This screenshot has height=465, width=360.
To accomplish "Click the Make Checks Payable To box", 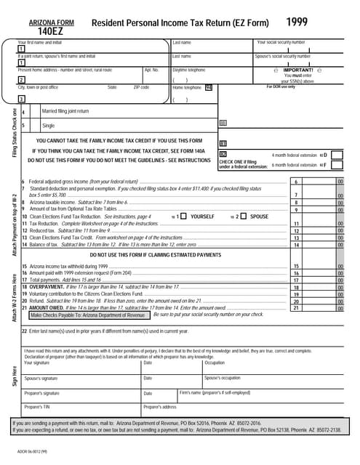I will pos(87,315).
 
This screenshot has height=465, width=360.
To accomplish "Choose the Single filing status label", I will pos(48,126).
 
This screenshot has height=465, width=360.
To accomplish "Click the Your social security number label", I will pos(281,43).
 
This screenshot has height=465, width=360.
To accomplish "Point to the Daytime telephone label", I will pos(187,70).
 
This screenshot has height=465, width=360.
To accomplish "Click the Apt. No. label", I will pos(151,70).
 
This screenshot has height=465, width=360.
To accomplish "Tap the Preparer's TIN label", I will pos(38,407).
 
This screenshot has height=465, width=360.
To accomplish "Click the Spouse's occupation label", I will pos(222,378).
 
